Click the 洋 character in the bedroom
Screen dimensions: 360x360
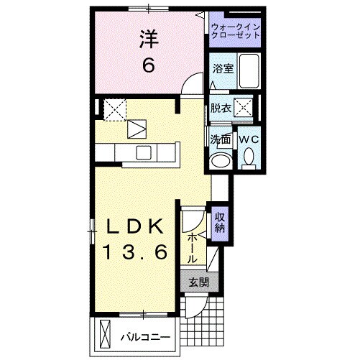click(147, 38)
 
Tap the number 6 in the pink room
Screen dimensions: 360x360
click(148, 65)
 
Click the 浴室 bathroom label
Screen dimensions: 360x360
click(222, 69)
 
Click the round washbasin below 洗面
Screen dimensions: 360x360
click(221, 159)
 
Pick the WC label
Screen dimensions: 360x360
click(248, 139)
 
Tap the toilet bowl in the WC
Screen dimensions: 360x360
click(249, 156)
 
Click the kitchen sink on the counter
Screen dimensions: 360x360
click(142, 152)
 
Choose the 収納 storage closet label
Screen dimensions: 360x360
click(220, 221)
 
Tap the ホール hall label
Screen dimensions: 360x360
click(193, 247)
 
